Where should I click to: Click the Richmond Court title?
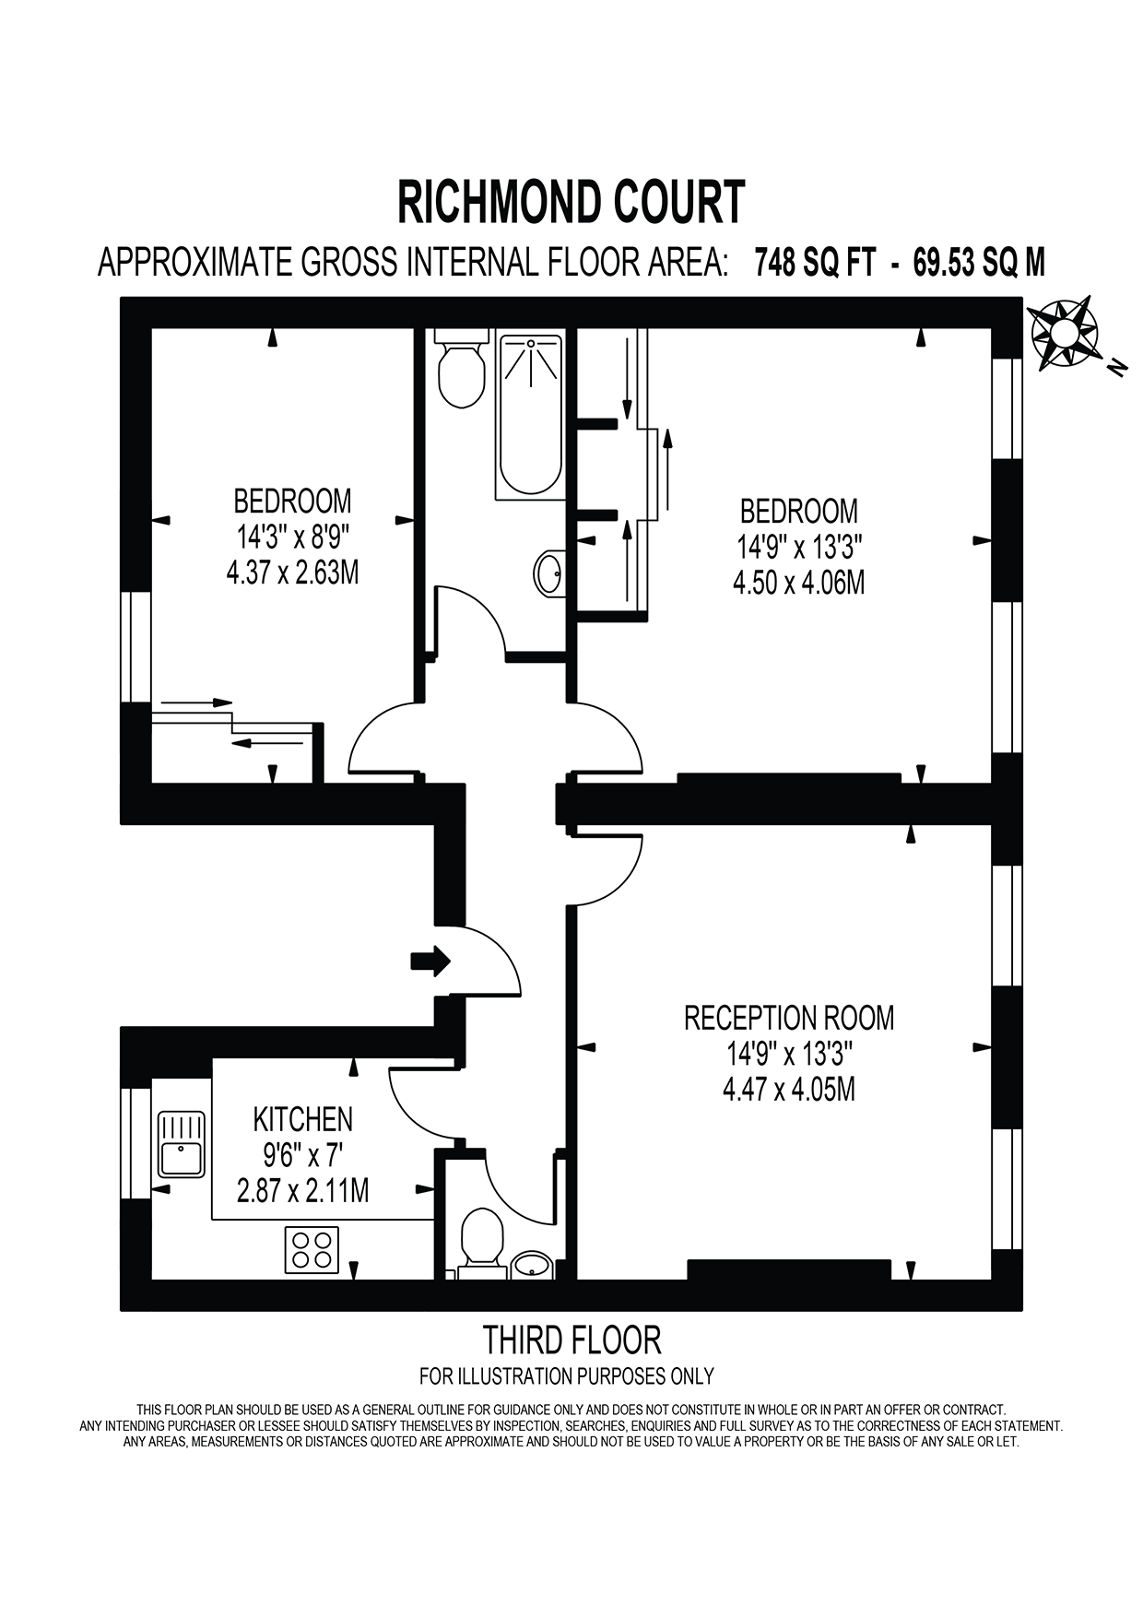coord(571,202)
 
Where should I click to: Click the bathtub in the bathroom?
coord(529,417)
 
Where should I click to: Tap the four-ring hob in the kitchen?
coord(312,1249)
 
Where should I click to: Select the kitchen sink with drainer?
coord(182,1144)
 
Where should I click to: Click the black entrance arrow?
coord(430,962)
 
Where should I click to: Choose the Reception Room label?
coord(789,1018)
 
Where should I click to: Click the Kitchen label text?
coord(303,1119)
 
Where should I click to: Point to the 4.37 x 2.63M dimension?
coord(292,572)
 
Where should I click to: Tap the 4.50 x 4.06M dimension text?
coord(798,583)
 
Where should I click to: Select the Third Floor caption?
coord(572,1339)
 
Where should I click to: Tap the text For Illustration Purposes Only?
coord(567,1376)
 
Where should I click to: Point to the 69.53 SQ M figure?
coord(979,263)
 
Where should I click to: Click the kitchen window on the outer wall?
coord(136,1143)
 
